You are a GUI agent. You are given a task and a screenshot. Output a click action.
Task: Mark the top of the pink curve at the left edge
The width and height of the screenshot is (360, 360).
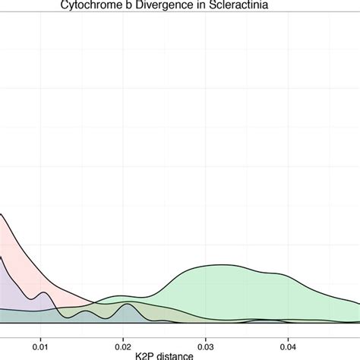[2, 214]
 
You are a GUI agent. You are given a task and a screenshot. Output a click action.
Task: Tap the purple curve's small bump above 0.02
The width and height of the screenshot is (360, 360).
[128, 305]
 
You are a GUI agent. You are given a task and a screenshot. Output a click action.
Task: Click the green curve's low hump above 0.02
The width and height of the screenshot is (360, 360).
[122, 295]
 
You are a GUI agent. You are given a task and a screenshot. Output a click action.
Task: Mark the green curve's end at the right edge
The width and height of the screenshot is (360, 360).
[358, 303]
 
